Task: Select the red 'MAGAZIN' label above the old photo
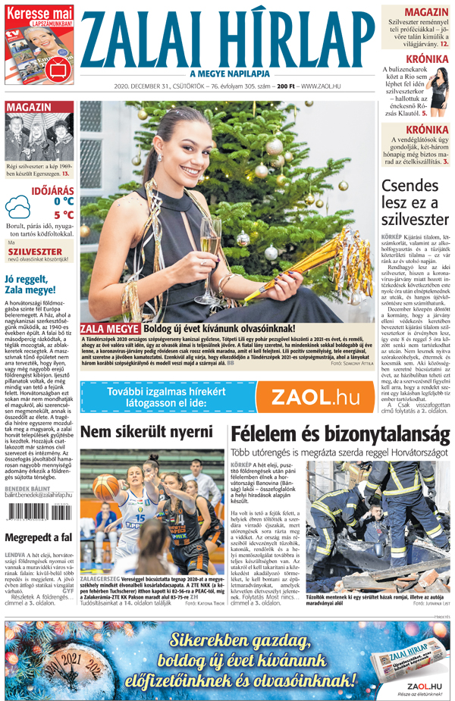point(29,108)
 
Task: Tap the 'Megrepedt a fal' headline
point(38,537)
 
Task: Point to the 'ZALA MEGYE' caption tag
point(110,328)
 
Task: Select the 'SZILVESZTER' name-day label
point(35,252)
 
